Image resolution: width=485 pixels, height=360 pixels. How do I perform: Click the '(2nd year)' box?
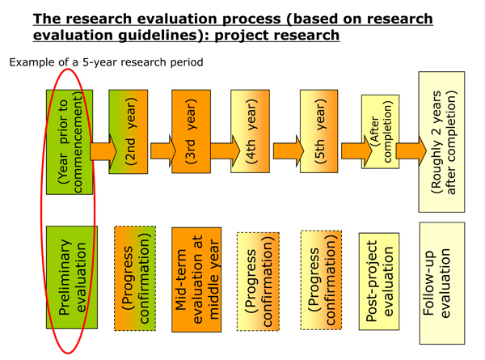pyautogui.click(x=129, y=132)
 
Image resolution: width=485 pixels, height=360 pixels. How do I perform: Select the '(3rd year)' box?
pyautogui.click(x=191, y=131)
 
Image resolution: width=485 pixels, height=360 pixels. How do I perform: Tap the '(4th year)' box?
pyautogui.click(x=250, y=131)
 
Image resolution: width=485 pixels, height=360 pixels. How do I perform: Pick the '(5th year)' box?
pyautogui.click(x=319, y=131)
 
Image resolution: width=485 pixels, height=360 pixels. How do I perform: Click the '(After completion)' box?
pyautogui.click(x=381, y=132)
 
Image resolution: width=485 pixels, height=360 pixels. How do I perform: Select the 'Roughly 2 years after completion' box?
pyautogui.click(x=441, y=142)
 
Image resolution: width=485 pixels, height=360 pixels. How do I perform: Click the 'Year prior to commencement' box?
pyautogui.click(x=70, y=142)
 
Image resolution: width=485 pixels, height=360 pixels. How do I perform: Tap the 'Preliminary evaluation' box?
pyautogui.click(x=72, y=277)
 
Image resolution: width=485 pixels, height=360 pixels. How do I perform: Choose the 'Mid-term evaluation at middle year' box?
pyautogui.click(x=196, y=280)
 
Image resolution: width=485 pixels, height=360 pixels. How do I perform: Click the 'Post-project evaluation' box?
pyautogui.click(x=379, y=282)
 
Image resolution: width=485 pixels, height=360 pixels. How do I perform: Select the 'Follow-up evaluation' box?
pyautogui.click(x=442, y=283)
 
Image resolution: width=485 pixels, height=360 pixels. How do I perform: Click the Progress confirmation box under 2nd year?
pyautogui.click(x=135, y=278)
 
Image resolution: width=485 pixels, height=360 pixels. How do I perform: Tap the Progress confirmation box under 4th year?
pyautogui.click(x=258, y=282)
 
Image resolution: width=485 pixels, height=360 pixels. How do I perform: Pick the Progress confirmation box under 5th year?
pyautogui.click(x=321, y=280)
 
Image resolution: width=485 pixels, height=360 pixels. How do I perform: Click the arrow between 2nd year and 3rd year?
pyautogui.click(x=163, y=150)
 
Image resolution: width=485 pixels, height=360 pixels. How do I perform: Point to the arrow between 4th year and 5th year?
pyautogui.click(x=289, y=151)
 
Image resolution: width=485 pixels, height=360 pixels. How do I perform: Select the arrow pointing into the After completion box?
pyautogui.click(x=356, y=151)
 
